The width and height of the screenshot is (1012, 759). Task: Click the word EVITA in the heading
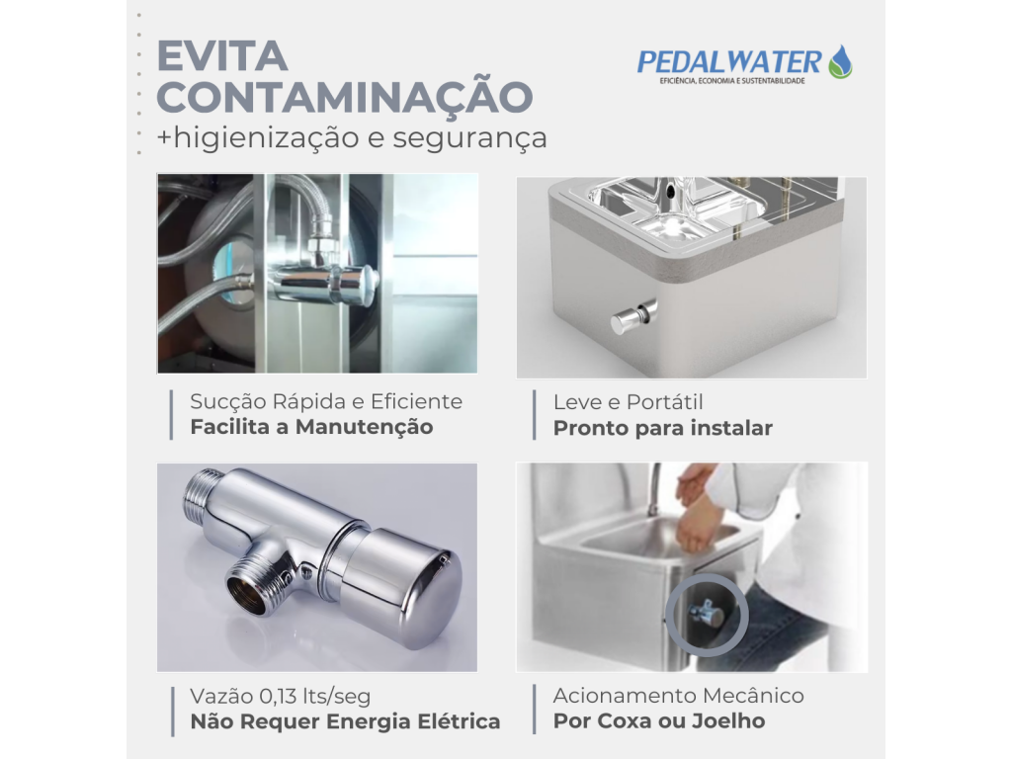[222, 56]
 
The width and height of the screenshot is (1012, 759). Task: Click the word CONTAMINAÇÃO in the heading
[345, 97]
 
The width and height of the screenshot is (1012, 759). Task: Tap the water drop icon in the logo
[840, 62]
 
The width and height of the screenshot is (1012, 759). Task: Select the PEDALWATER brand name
[728, 62]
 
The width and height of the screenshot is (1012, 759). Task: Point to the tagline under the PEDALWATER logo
[732, 81]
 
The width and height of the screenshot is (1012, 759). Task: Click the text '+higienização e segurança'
[352, 137]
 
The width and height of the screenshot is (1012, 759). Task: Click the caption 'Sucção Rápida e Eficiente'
[326, 402]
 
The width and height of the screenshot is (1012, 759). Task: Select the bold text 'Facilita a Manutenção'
[311, 427]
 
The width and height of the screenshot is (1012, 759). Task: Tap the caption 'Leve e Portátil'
[628, 402]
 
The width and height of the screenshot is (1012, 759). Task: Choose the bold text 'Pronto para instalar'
[663, 428]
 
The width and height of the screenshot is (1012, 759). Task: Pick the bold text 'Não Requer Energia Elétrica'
[345, 721]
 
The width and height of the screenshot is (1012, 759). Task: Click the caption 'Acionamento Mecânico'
[678, 696]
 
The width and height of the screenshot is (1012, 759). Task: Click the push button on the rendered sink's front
[632, 317]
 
